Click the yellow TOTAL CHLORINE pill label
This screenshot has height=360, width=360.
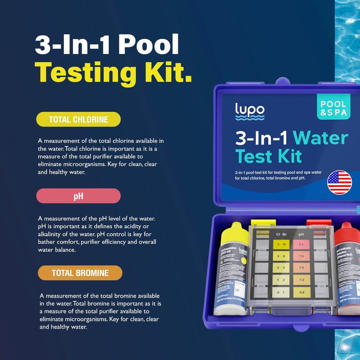pos(78,120)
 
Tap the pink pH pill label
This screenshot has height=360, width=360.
pos(78,196)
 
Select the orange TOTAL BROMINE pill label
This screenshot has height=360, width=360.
pos(80,273)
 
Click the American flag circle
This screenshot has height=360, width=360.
pos(340,182)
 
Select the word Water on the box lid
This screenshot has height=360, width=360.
pos(320,138)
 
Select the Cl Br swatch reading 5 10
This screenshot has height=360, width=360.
pos(281,244)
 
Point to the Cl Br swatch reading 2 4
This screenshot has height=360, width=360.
pos(281,268)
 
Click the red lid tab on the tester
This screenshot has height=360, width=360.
pos(318,223)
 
